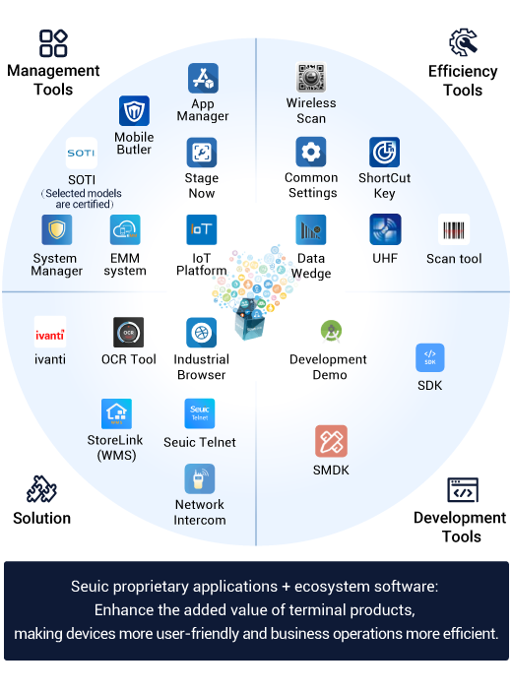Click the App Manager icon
click(x=203, y=78)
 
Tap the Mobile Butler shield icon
click(x=134, y=111)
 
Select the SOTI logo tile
click(x=82, y=153)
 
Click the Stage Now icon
click(x=202, y=153)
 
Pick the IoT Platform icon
click(x=202, y=229)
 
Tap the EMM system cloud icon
click(x=125, y=229)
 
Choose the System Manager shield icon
click(x=56, y=229)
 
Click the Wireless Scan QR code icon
click(x=311, y=78)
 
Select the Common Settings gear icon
click(x=311, y=152)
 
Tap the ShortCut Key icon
click(x=385, y=152)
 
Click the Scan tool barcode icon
click(x=454, y=229)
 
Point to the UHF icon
click(x=385, y=229)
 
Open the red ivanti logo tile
click(x=50, y=332)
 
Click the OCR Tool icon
click(x=129, y=333)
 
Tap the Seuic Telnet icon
click(x=200, y=413)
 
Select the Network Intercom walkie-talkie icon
click(x=200, y=478)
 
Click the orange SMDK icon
click(x=331, y=441)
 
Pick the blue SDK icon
click(x=429, y=358)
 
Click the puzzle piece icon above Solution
click(x=41, y=489)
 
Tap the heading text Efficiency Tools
click(x=463, y=81)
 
